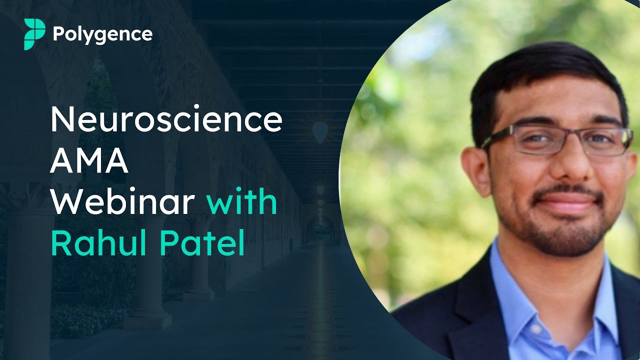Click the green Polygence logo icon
tap(34, 34)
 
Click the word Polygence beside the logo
tap(102, 34)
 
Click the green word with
tap(241, 202)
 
